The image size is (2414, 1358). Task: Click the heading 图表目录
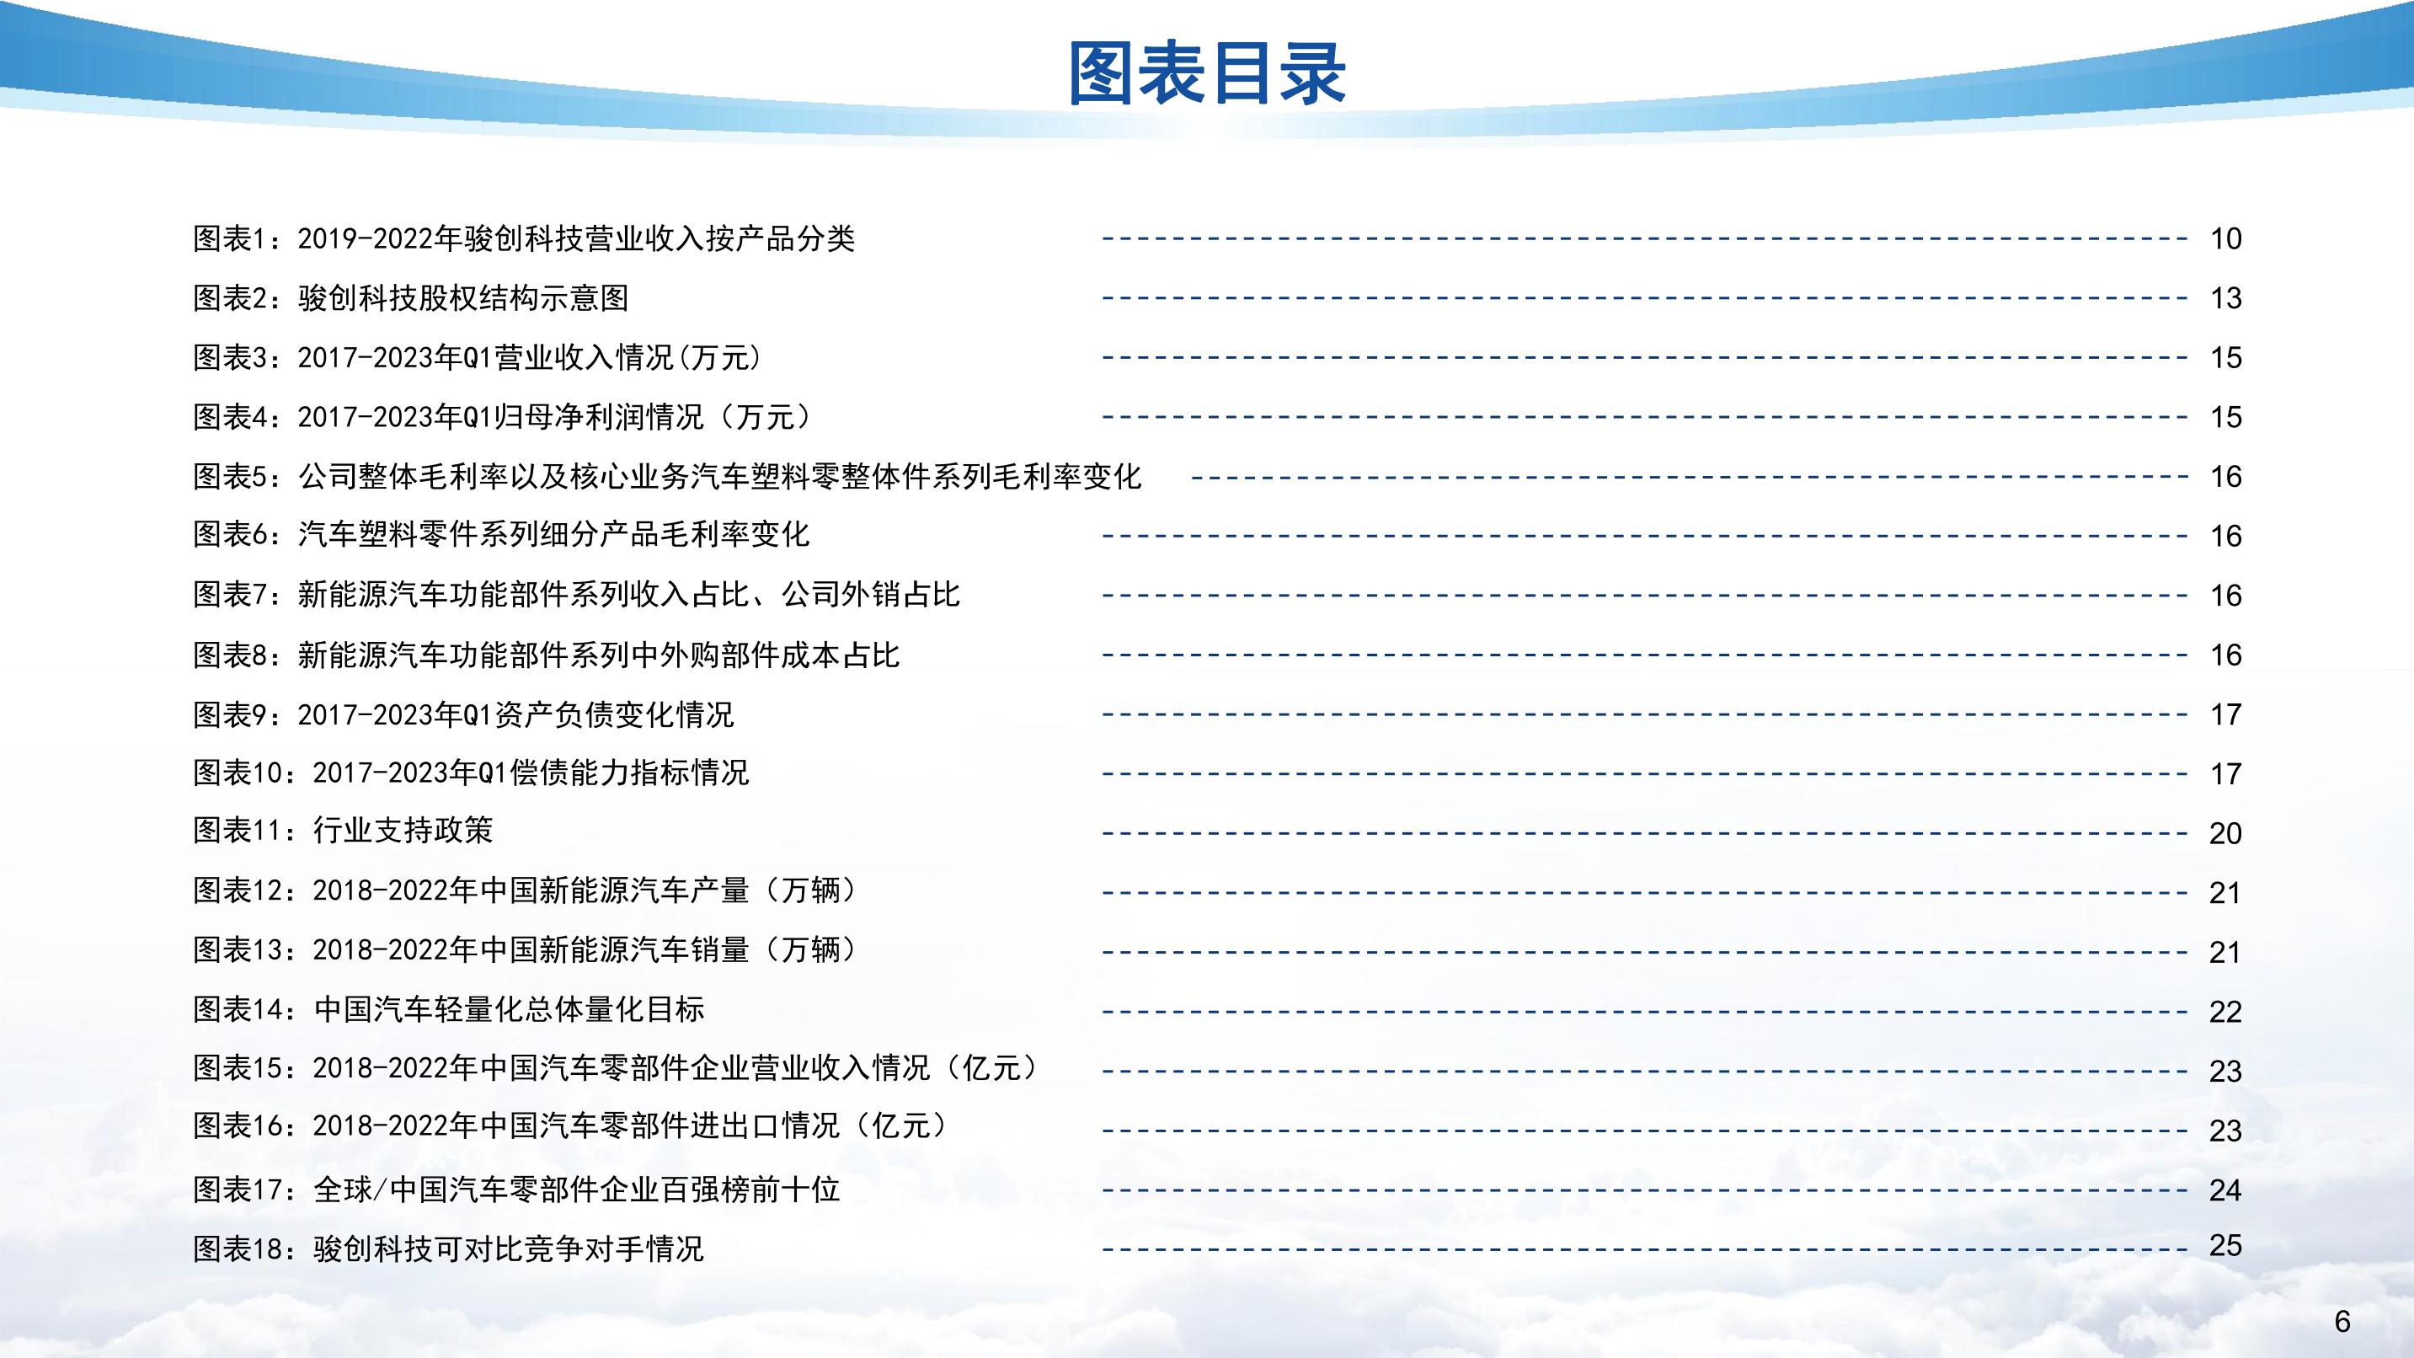[1207, 73]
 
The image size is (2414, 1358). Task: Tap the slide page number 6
[2342, 1322]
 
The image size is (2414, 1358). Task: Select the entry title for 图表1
[524, 239]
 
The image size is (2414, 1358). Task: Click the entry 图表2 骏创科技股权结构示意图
[410, 298]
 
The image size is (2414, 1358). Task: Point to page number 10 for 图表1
[2225, 239]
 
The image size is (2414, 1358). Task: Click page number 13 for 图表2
[2225, 298]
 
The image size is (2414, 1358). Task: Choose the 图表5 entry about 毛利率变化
[667, 476]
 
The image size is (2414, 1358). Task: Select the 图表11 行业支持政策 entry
[343, 831]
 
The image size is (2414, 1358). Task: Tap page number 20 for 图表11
[2225, 833]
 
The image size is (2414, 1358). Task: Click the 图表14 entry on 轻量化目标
[449, 1008]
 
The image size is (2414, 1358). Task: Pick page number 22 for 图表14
[2225, 1011]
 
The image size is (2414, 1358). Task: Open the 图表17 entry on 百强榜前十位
[516, 1190]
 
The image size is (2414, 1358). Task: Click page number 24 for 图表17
[2225, 1190]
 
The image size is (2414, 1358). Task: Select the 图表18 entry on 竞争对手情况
[448, 1248]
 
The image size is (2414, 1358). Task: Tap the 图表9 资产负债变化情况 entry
[463, 714]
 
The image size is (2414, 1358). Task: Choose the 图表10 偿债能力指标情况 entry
[472, 773]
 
